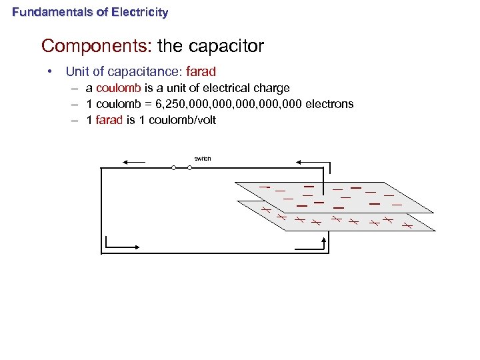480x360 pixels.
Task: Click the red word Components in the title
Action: click(97, 46)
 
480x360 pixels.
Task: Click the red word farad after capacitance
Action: click(201, 71)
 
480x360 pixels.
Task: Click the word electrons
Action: click(329, 104)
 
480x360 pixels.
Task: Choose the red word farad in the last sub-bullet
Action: click(110, 121)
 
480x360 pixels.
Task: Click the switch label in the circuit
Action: click(202, 158)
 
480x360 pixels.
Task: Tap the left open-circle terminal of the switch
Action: click(173, 168)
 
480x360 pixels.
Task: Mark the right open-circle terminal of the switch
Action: click(190, 168)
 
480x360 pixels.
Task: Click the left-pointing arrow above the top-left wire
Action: click(134, 161)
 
